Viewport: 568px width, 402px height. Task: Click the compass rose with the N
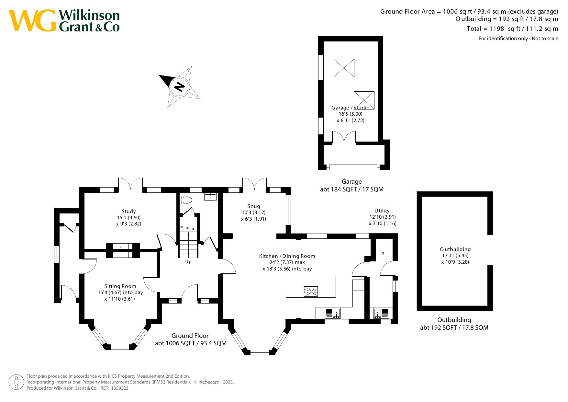coord(179,87)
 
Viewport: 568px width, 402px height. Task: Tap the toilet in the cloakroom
coord(186,200)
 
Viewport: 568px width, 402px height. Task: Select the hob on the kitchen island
coord(311,292)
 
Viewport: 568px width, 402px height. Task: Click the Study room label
coord(129,212)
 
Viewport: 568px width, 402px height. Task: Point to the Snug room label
coord(254,206)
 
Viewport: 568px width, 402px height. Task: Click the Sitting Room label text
coord(120,286)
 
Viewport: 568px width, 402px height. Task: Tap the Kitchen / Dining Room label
coord(287,256)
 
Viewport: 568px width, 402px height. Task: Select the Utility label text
coord(382,211)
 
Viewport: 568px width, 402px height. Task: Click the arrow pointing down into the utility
coord(383,243)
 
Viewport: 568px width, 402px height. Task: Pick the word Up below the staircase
coord(188,262)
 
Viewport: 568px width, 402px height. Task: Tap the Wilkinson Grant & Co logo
coord(64,20)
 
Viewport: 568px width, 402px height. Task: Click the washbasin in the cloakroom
coord(211,197)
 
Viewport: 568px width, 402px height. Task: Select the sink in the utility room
coord(381,313)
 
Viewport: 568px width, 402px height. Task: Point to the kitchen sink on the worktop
coord(333,313)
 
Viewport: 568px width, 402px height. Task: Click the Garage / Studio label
coord(351,108)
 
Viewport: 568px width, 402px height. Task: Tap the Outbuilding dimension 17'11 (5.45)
coord(455,256)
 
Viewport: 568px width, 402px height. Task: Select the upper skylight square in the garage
coord(344,68)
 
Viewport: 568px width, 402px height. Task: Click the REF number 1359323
coord(120,388)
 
